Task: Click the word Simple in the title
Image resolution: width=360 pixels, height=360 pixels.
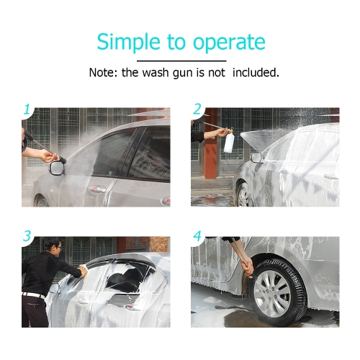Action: [x=128, y=42]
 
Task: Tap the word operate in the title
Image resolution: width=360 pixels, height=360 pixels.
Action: [x=229, y=43]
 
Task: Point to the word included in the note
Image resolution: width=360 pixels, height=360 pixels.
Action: [x=256, y=73]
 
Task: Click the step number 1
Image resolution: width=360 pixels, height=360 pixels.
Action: [x=27, y=109]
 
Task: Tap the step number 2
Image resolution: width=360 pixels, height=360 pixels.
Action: [x=197, y=109]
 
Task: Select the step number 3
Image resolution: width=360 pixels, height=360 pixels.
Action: [x=27, y=235]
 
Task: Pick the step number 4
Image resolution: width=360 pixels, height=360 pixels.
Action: [x=197, y=236]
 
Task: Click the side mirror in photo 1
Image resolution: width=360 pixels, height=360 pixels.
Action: [x=57, y=168]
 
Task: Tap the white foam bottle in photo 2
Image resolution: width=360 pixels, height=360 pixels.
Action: [x=228, y=143]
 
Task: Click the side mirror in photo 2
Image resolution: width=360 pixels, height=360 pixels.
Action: [x=256, y=157]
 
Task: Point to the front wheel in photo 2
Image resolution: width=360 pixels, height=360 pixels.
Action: [x=244, y=196]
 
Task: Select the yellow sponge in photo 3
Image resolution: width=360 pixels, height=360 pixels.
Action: [x=84, y=269]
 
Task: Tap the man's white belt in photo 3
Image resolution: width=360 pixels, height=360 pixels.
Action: [x=34, y=295]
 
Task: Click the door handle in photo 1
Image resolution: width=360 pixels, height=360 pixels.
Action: [x=97, y=189]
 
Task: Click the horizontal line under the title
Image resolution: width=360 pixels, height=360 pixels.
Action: [x=181, y=61]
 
